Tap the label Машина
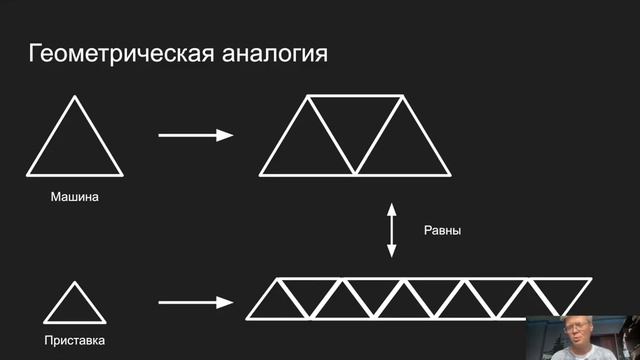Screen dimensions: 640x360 (75, 196)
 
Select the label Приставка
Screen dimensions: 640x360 (75, 341)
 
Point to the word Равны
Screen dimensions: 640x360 (441, 230)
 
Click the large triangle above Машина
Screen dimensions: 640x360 (75, 146)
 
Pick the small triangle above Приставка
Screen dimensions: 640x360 (75, 307)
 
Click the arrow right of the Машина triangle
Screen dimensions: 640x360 (195, 135)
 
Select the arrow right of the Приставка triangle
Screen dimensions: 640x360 (195, 301)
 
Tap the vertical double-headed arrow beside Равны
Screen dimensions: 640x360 (393, 230)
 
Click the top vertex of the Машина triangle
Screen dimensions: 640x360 (75, 97)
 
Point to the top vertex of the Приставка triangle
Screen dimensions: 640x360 (75, 282)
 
